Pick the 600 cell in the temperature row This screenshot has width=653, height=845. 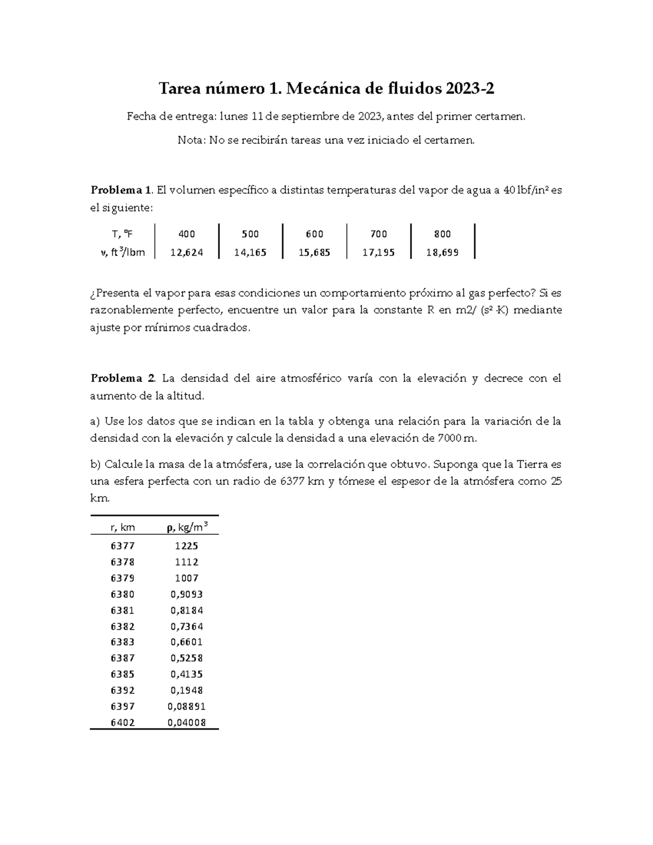click(315, 234)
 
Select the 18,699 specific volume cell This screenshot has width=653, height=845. click(442, 252)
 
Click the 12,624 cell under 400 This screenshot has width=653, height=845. click(187, 252)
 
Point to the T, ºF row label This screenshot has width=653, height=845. click(122, 234)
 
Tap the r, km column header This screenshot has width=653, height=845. click(122, 527)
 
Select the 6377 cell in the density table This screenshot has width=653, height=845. click(122, 546)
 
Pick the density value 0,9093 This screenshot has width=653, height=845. click(187, 594)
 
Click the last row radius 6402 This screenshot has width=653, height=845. click(122, 723)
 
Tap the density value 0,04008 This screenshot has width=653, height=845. click(187, 723)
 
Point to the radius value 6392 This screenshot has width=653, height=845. click(122, 690)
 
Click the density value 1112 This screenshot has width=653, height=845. click(187, 562)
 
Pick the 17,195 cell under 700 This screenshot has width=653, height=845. click(379, 252)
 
